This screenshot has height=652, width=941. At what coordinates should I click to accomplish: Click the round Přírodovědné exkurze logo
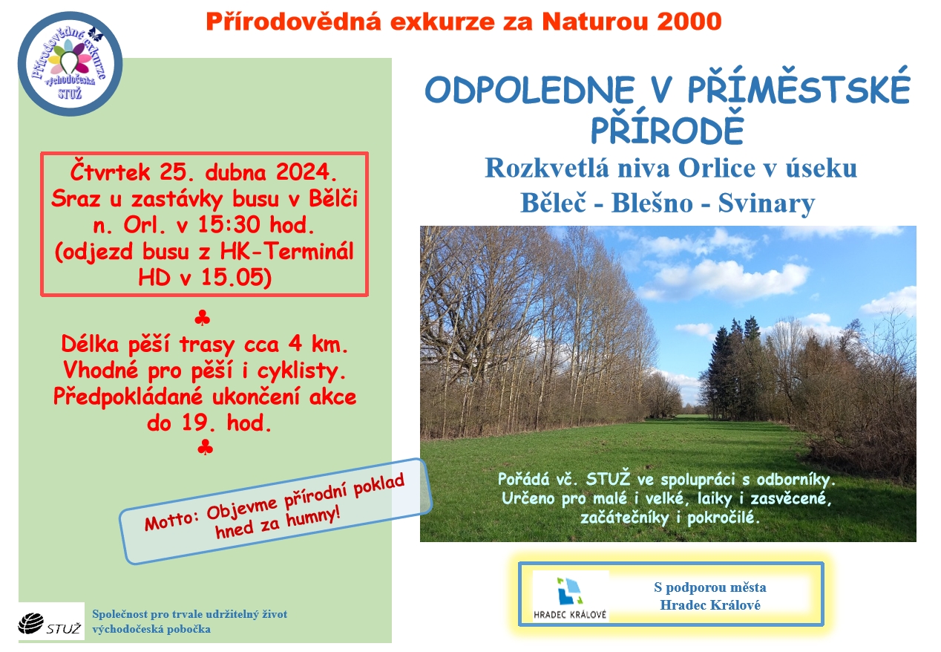71,64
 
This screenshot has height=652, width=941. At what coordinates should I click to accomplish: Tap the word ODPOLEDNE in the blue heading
529,90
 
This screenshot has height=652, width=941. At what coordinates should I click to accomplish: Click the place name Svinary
767,203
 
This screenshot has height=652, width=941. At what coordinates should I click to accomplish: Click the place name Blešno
652,203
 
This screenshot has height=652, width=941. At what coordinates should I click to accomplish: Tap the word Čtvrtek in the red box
110,172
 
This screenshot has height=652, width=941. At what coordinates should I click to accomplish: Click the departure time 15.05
233,278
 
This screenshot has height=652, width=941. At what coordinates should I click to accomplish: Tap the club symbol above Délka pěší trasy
203,319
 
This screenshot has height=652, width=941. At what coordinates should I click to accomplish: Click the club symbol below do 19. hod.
205,447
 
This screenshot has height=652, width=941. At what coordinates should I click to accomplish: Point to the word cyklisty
301,371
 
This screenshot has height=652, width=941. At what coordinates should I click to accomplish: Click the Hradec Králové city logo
570,596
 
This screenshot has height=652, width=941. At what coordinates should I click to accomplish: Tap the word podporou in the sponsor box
697,587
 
